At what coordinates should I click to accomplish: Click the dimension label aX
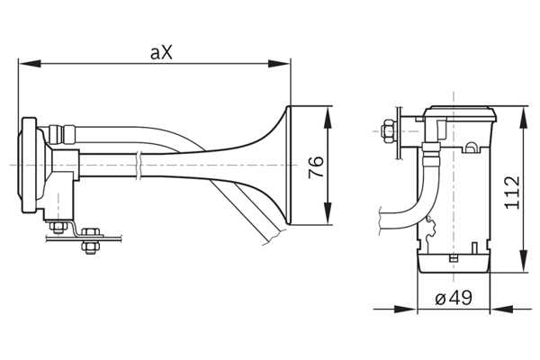click(x=162, y=53)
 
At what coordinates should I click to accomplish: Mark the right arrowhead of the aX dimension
click(x=285, y=63)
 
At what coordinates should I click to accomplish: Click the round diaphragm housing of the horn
click(x=32, y=166)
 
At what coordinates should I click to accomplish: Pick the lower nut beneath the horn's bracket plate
click(x=89, y=246)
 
